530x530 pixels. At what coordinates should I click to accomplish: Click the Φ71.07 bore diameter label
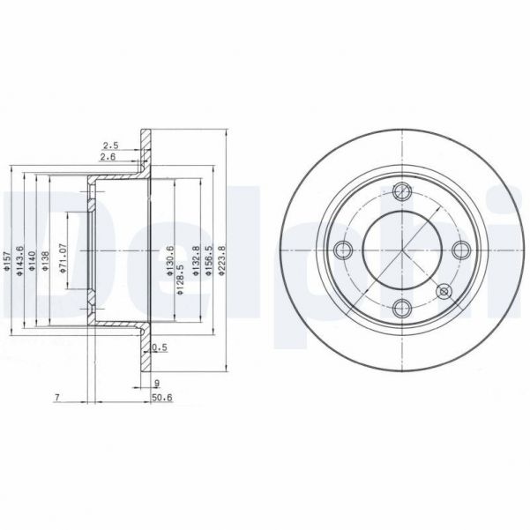pos(63,258)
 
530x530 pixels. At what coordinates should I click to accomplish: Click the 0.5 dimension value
pos(159,347)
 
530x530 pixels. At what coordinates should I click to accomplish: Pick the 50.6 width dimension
pos(161,398)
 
